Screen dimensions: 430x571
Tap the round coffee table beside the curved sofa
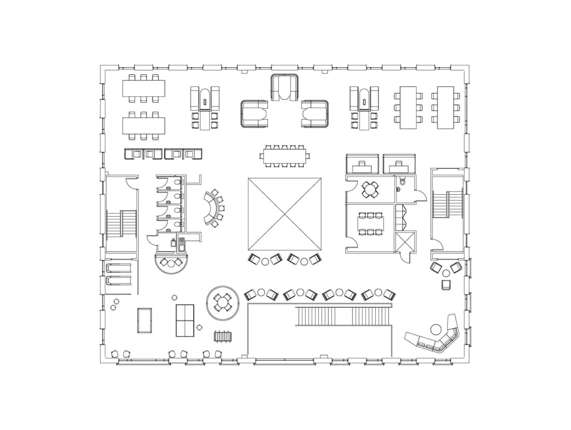point(436,328)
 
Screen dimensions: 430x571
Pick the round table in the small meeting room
point(370,189)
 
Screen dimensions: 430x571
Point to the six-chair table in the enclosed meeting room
point(370,223)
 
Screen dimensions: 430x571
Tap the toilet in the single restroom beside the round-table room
point(402,183)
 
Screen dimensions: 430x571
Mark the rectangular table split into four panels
point(185,320)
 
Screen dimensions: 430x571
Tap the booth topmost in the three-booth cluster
point(284,87)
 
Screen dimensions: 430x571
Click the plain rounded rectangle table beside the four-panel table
point(144,320)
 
